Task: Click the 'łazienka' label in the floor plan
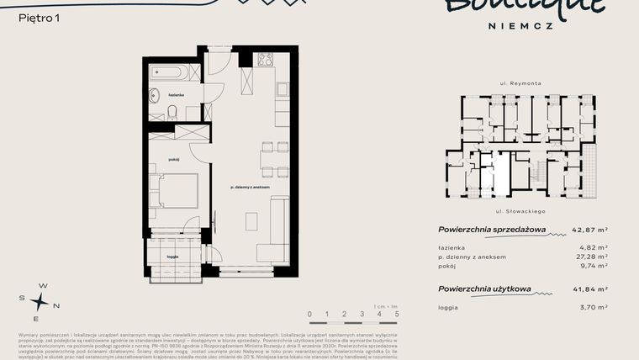coord(175,96)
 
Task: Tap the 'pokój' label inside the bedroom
coord(174,159)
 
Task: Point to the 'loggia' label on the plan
coord(172,256)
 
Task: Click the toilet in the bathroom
coord(171,111)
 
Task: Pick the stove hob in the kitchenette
coord(266,61)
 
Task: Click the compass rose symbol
coord(40,302)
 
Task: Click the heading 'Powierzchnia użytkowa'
coord(484,289)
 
